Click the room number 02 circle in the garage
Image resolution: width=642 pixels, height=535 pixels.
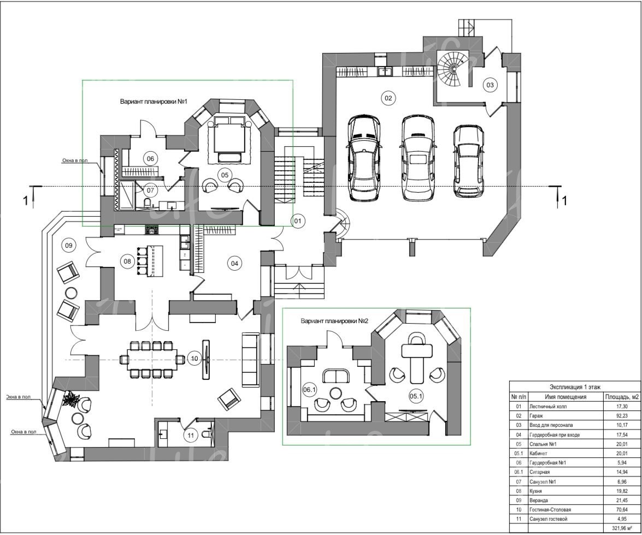(x=388, y=98)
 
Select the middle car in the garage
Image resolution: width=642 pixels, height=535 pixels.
(x=417, y=157)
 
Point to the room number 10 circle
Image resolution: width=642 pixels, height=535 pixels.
(x=195, y=359)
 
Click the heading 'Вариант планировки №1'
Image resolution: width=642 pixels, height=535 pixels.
(x=154, y=102)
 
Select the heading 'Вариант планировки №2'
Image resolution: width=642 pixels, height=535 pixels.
(x=334, y=321)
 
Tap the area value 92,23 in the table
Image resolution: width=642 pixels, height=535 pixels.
(x=621, y=416)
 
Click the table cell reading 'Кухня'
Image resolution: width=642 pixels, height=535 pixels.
(x=535, y=491)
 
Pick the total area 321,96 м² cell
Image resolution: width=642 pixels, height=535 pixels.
(x=622, y=528)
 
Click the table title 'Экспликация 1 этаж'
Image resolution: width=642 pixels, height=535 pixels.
(x=575, y=387)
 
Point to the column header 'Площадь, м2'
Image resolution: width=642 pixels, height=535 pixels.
(x=622, y=397)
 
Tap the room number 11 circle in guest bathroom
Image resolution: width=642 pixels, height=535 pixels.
(x=191, y=435)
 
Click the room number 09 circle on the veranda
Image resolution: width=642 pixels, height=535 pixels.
(x=69, y=245)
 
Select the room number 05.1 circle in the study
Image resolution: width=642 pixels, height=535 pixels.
(x=416, y=396)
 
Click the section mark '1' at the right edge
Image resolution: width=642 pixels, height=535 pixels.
(x=564, y=201)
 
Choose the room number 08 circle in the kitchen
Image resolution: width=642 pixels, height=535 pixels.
(x=127, y=261)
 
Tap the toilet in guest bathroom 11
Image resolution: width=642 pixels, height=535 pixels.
(x=208, y=434)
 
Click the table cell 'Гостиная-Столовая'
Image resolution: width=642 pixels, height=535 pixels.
(x=550, y=510)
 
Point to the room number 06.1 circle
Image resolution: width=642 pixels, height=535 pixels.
(x=310, y=390)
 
